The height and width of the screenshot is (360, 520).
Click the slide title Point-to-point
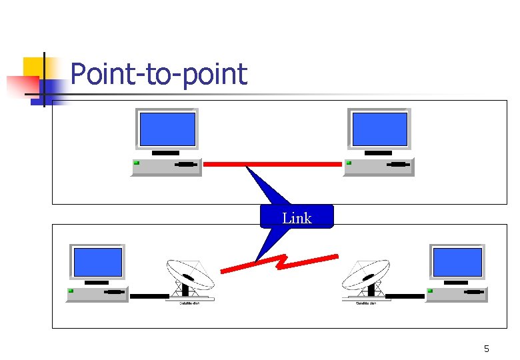[158, 74]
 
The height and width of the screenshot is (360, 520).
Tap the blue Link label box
[297, 217]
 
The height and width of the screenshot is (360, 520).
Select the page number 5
[486, 349]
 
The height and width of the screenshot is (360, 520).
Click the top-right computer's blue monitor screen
[379, 129]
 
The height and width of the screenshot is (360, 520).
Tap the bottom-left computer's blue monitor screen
[98, 262]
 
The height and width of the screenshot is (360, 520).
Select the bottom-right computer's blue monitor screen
[457, 262]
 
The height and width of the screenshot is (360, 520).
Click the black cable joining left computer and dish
[149, 296]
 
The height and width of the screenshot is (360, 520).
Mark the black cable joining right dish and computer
[405, 296]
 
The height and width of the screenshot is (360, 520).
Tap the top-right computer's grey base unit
[379, 167]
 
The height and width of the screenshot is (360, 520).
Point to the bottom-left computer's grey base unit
[97, 294]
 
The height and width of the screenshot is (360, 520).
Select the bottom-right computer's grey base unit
[457, 294]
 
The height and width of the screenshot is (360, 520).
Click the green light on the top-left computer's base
[137, 163]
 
